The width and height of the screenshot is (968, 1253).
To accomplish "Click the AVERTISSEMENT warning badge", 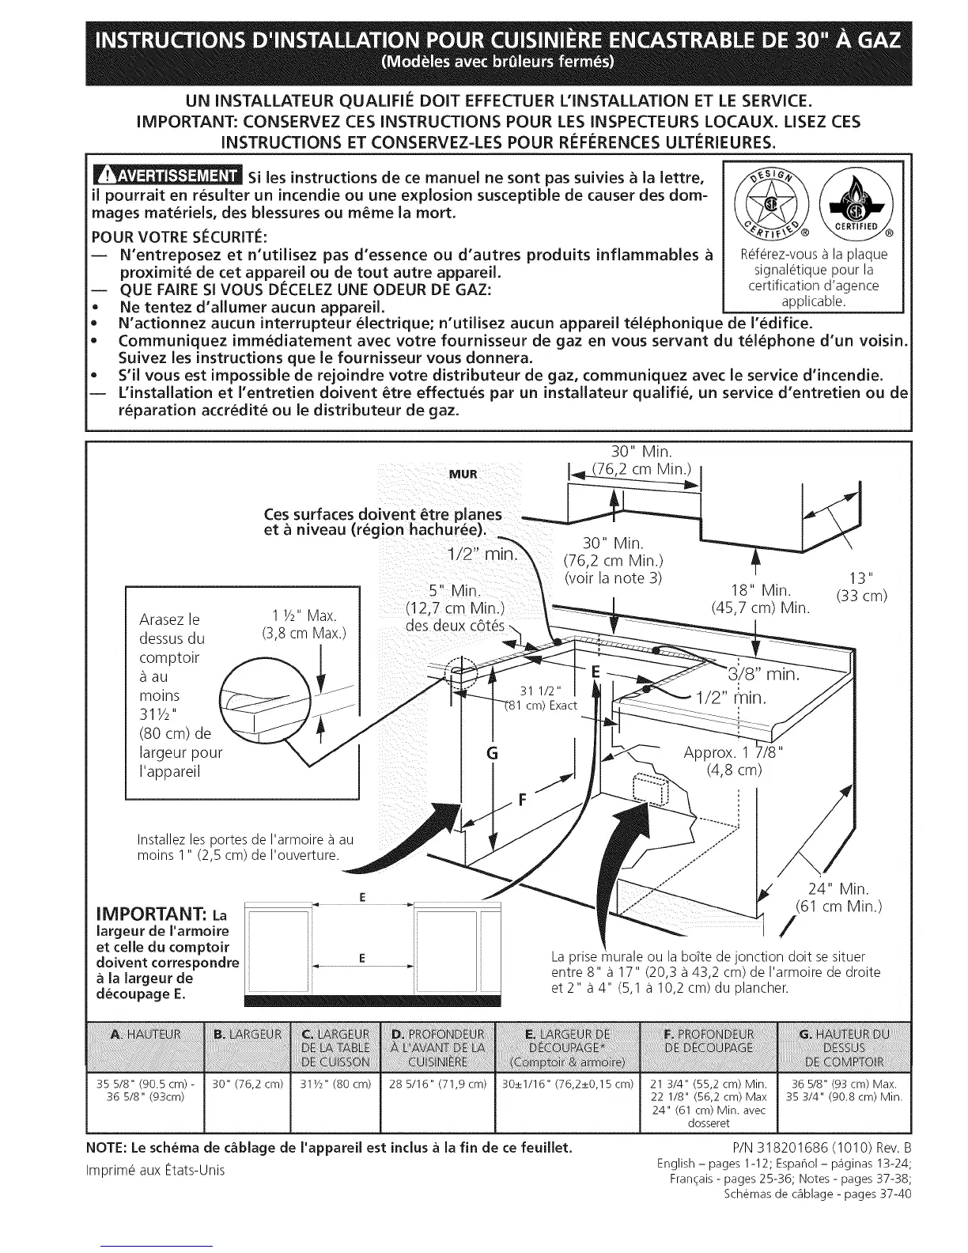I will pos(166,176).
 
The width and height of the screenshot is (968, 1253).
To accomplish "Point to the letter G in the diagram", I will pos(492,753).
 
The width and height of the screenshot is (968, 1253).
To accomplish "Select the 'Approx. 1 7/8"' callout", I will pos(732,752).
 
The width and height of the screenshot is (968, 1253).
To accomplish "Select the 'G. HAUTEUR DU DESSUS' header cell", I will pos(844,1047).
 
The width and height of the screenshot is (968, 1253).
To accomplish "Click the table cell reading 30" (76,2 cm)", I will pos(248,1084).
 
